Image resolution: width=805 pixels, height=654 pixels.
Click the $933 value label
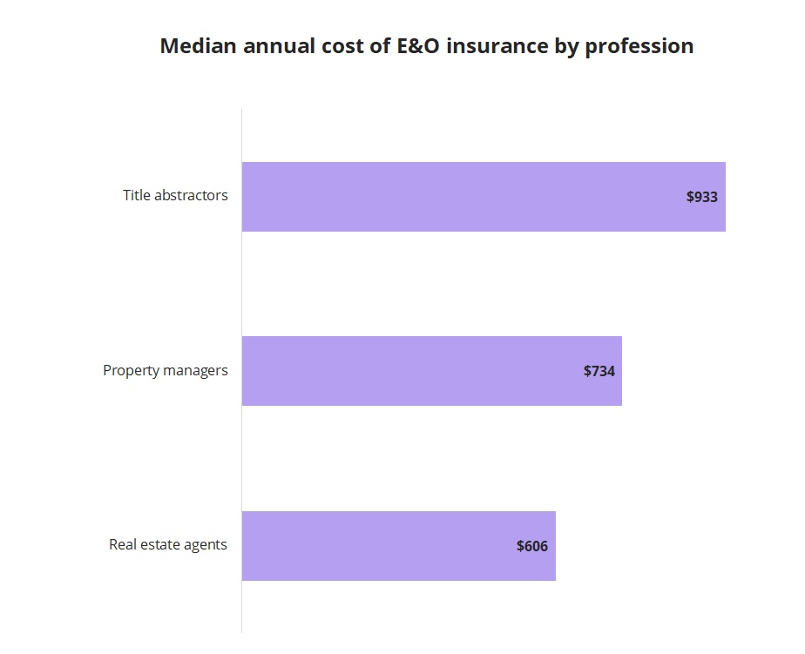(702, 197)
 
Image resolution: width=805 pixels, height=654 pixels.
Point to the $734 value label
(599, 371)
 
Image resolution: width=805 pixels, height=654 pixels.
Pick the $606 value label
(532, 546)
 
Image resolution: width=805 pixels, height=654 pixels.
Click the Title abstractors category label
(175, 195)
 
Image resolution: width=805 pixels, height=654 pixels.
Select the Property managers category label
(166, 370)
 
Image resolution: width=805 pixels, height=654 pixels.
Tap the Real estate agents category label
(168, 545)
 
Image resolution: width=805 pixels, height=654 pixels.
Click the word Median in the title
(198, 46)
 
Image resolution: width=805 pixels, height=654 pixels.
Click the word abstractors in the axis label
(191, 195)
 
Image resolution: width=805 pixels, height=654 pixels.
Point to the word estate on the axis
(167, 545)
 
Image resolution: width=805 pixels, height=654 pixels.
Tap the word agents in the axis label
(209, 546)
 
